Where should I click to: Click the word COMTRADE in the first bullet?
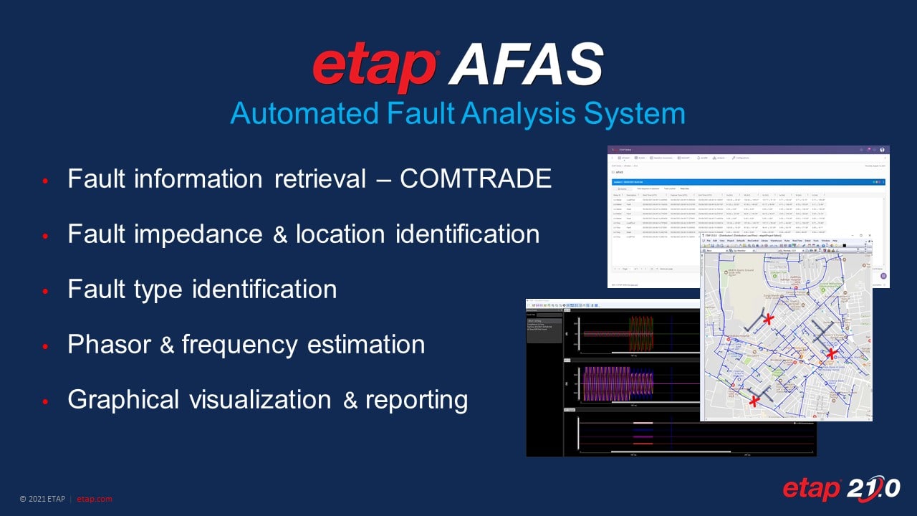point(475,179)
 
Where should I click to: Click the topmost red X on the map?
point(768,319)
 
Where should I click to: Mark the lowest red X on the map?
point(754,402)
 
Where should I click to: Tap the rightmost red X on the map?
point(831,353)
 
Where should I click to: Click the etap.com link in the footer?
point(94,499)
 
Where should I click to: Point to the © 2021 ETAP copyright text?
point(43,499)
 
